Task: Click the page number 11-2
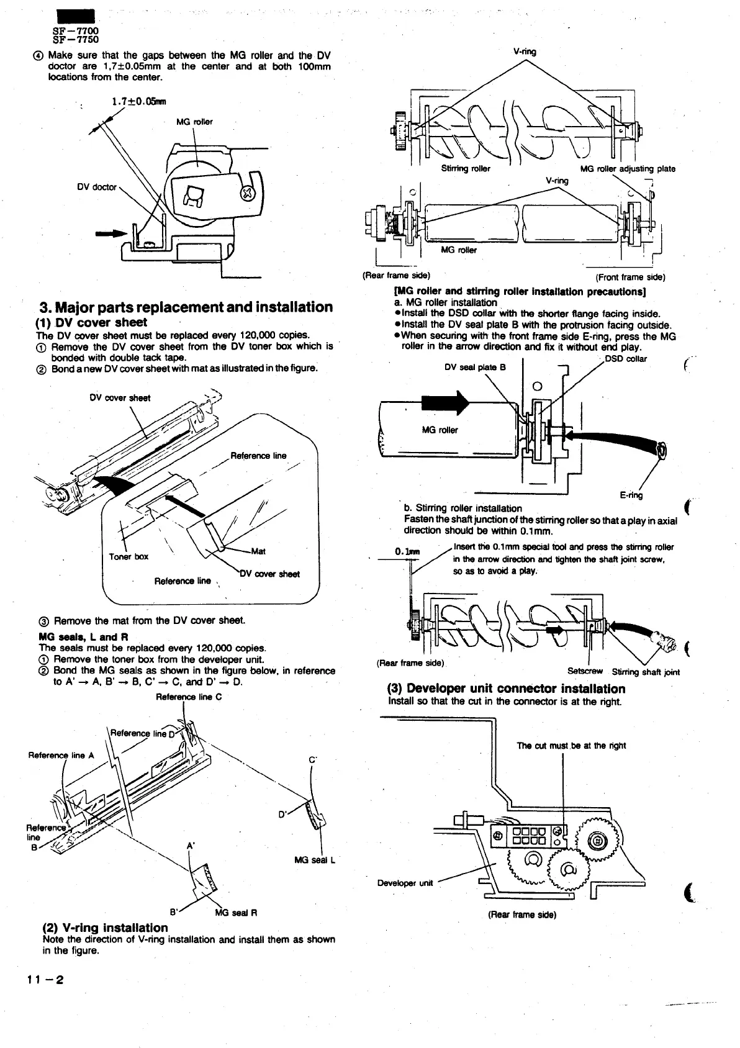(45, 980)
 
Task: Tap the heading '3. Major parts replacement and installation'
(186, 307)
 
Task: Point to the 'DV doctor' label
(96, 187)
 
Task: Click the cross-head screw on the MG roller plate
(247, 193)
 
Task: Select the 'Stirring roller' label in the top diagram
(465, 168)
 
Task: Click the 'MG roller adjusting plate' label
(627, 168)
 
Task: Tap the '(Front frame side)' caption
(630, 277)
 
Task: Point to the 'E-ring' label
(631, 495)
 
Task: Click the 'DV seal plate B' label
(475, 367)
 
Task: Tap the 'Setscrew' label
(585, 671)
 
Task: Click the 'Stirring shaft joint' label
(646, 672)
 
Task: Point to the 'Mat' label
(258, 551)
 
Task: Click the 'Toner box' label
(129, 556)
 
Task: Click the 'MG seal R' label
(236, 913)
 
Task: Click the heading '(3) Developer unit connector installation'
(506, 689)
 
